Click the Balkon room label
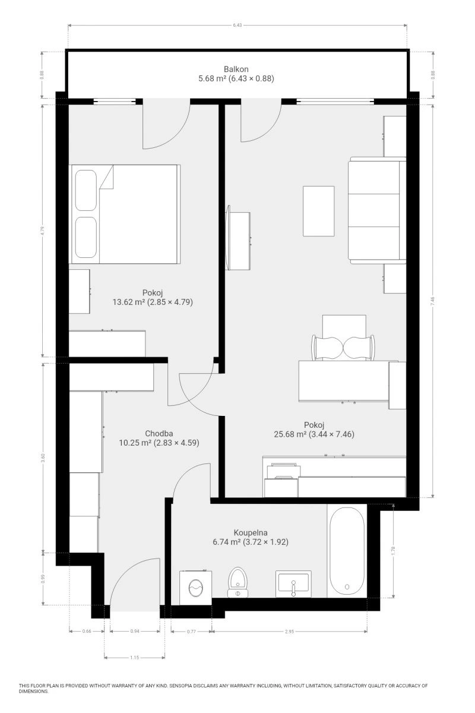236,69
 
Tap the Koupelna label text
251,532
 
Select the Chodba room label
159,433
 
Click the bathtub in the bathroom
347,551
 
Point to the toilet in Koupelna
237,582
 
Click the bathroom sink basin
293,583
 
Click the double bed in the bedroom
125,214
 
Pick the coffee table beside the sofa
318,211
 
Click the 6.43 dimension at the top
237,25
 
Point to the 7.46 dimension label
432,301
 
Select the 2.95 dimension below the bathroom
289,631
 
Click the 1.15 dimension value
135,657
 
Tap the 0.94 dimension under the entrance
135,631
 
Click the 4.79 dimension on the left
42,231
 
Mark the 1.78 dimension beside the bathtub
393,551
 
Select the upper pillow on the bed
86,190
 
